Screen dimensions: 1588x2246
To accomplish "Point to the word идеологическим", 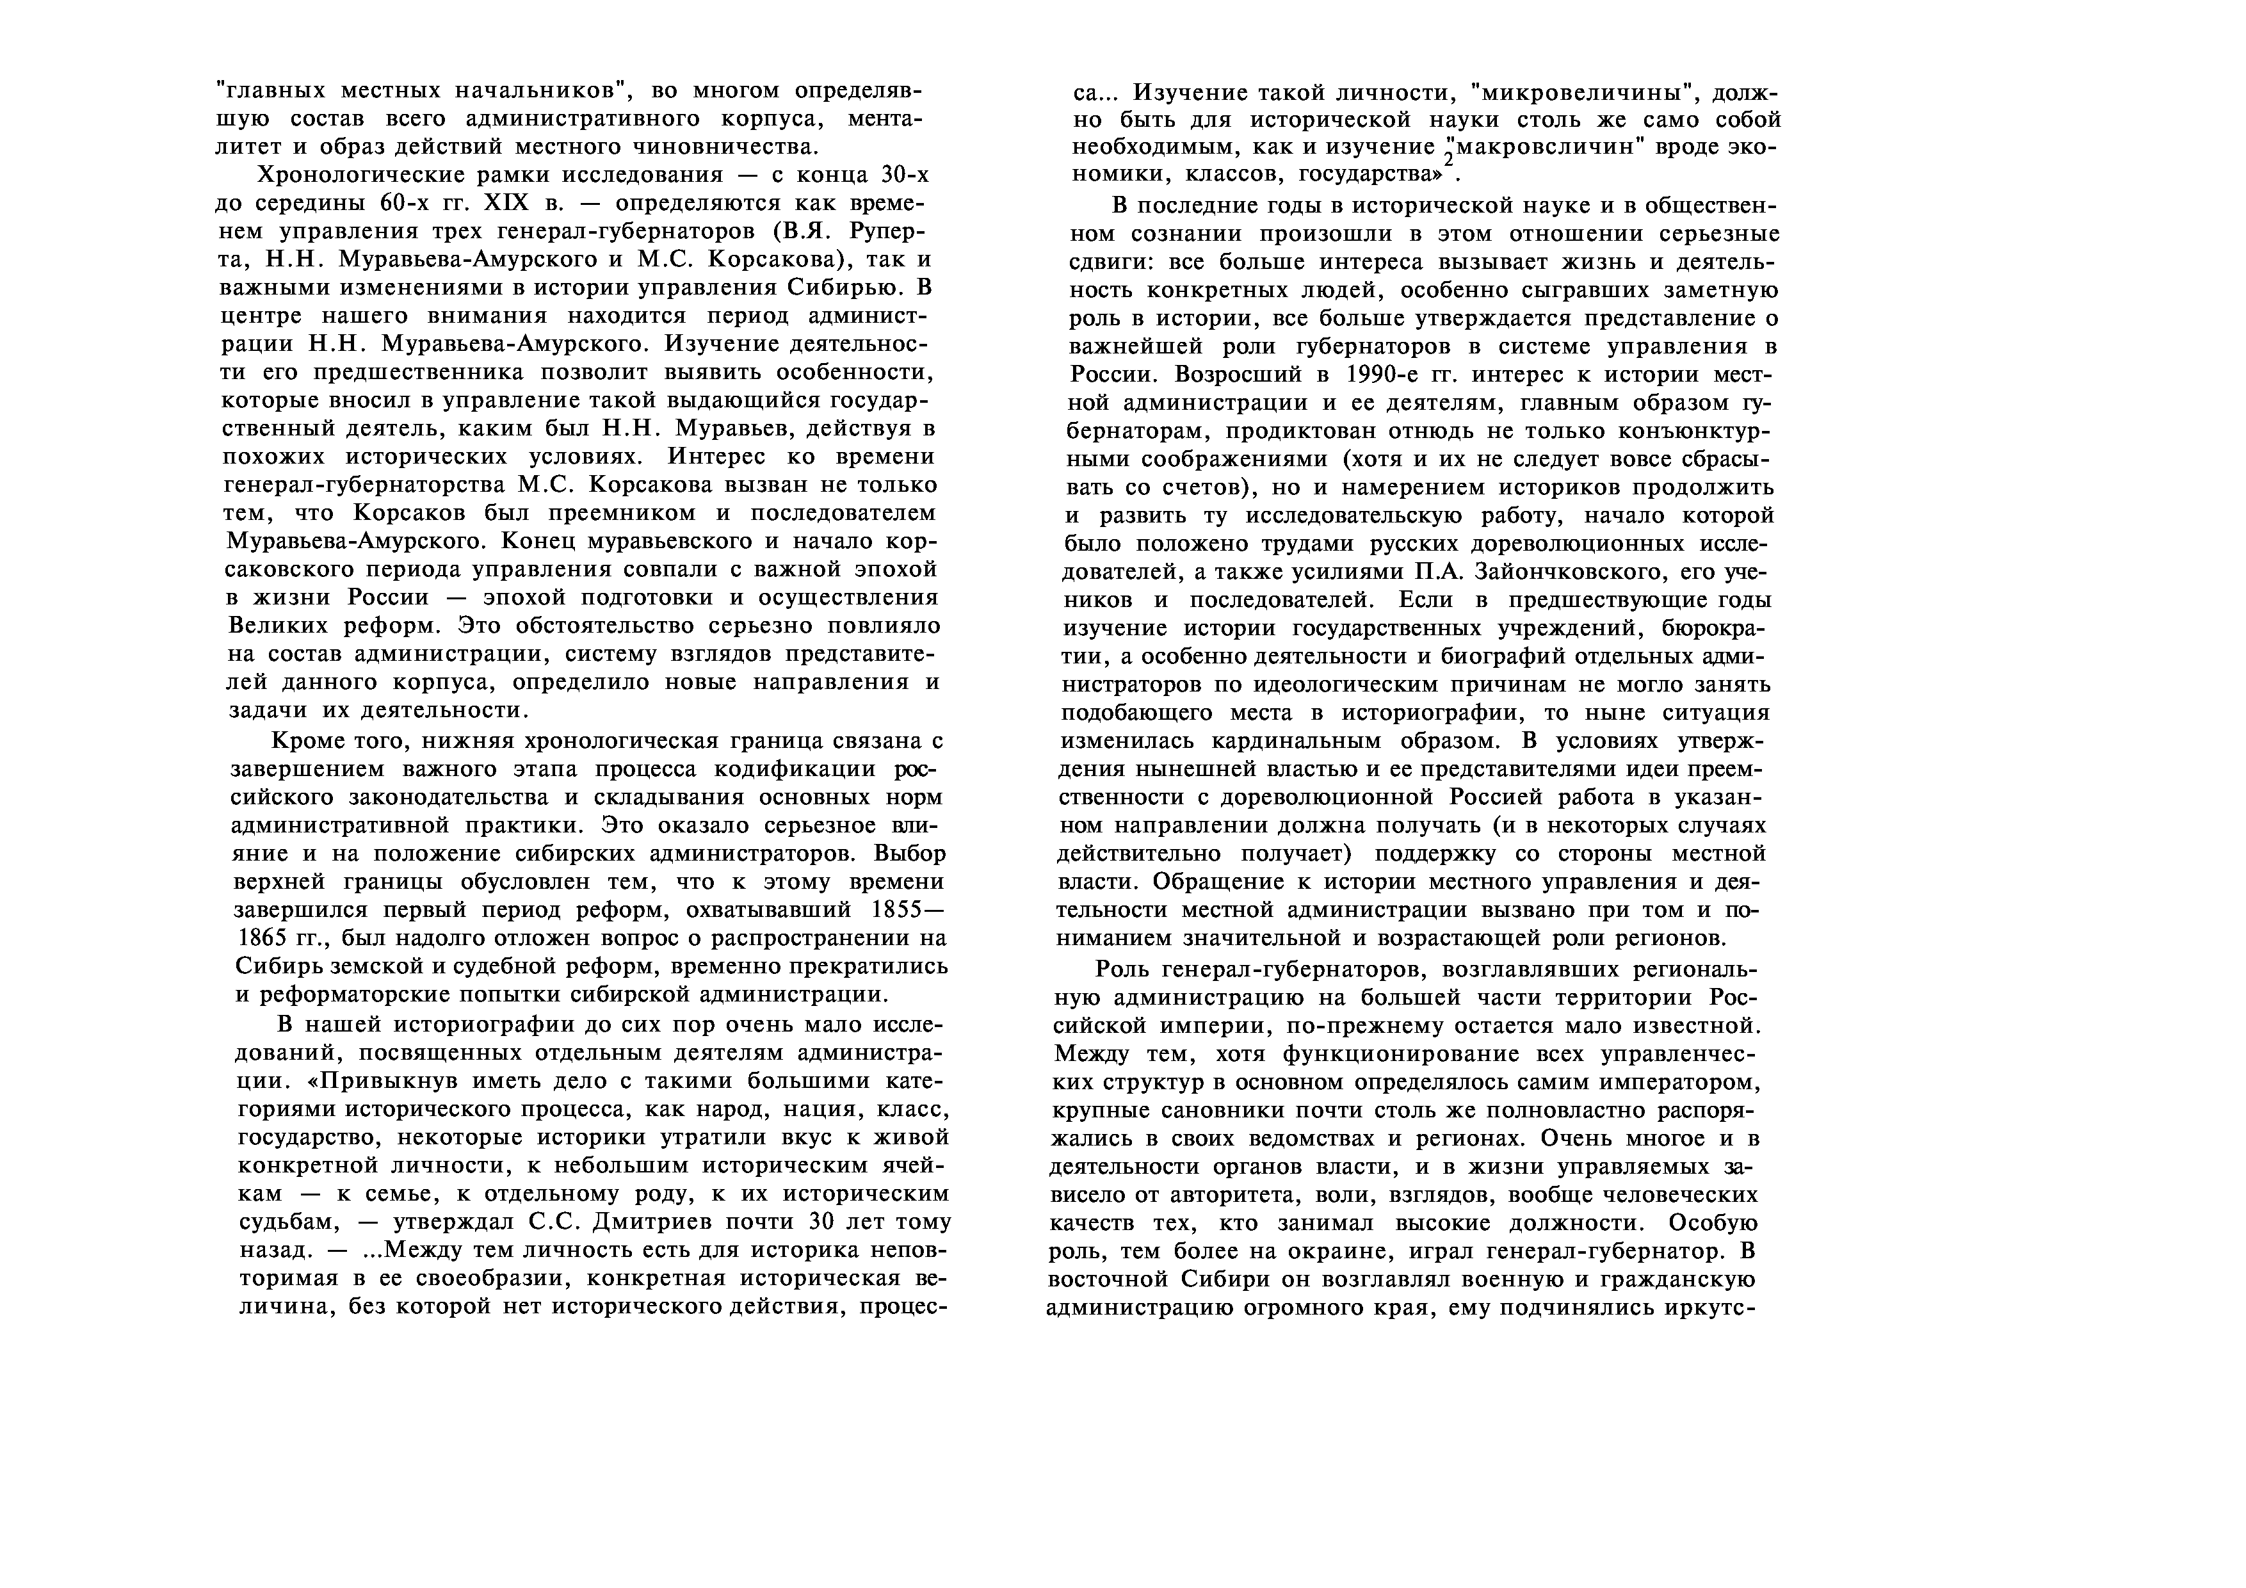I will tap(1354, 684).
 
